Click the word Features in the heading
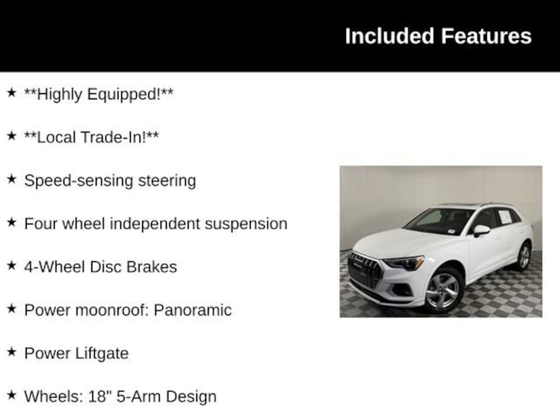pos(486,36)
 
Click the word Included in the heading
pos(389,36)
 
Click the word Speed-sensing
pos(78,181)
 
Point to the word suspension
pos(246,224)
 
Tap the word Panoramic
pos(192,310)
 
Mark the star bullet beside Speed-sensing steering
pos(12,179)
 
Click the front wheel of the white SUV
pos(443,290)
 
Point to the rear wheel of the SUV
pos(523,256)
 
